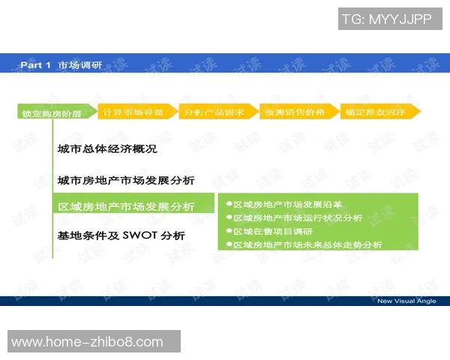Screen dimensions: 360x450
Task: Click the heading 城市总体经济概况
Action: pos(107,149)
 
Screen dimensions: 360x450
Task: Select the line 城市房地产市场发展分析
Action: pos(126,181)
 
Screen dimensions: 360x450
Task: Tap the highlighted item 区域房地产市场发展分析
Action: pos(126,207)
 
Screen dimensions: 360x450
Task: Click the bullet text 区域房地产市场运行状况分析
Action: pos(297,217)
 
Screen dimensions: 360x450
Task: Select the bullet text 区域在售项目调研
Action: pos(272,231)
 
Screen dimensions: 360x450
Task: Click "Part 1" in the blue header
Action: pos(35,65)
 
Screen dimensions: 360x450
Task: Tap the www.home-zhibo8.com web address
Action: pos(88,342)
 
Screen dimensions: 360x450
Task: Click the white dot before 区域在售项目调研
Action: pos(229,231)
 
